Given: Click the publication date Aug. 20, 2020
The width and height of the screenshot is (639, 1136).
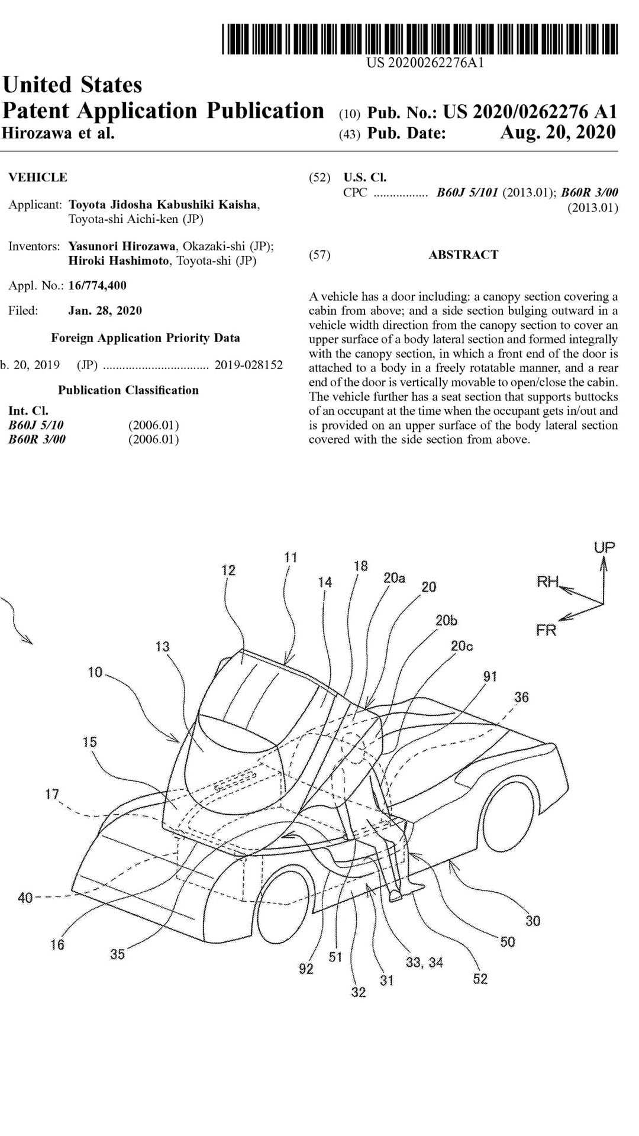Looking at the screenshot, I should click(557, 132).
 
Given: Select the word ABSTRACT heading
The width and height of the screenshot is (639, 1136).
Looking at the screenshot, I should click(463, 255).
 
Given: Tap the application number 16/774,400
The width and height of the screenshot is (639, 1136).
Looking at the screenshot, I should click(98, 285).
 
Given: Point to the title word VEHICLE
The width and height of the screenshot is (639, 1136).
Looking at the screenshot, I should click(38, 177).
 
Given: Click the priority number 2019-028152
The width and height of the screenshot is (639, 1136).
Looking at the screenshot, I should click(248, 365).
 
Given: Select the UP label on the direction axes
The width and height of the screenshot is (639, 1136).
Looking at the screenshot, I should click(604, 547).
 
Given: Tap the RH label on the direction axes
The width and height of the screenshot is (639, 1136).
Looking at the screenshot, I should click(548, 582).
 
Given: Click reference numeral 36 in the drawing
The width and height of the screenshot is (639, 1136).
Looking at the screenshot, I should click(521, 697).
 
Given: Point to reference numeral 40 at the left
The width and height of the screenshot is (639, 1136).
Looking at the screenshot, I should click(25, 898).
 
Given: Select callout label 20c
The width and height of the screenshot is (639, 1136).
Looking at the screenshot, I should click(461, 646).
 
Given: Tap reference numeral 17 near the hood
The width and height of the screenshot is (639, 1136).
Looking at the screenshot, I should click(52, 794).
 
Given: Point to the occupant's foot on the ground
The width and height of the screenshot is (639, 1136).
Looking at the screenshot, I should click(395, 897).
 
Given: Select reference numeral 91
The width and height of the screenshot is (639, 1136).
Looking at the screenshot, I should click(490, 676).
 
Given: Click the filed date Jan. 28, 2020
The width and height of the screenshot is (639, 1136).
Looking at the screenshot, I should click(105, 311).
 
